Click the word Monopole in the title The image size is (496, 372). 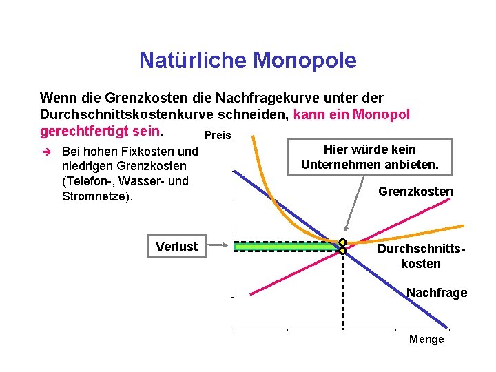point(304,61)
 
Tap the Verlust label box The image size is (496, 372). point(176,246)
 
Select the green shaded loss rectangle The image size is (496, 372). point(286,247)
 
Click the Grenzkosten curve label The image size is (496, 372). point(415,191)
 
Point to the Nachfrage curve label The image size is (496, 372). point(436,293)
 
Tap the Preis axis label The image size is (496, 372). point(218,136)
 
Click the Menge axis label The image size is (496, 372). point(426,339)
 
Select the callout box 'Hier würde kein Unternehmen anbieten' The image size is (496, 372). point(369,157)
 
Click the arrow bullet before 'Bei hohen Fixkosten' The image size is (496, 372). point(46,151)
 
